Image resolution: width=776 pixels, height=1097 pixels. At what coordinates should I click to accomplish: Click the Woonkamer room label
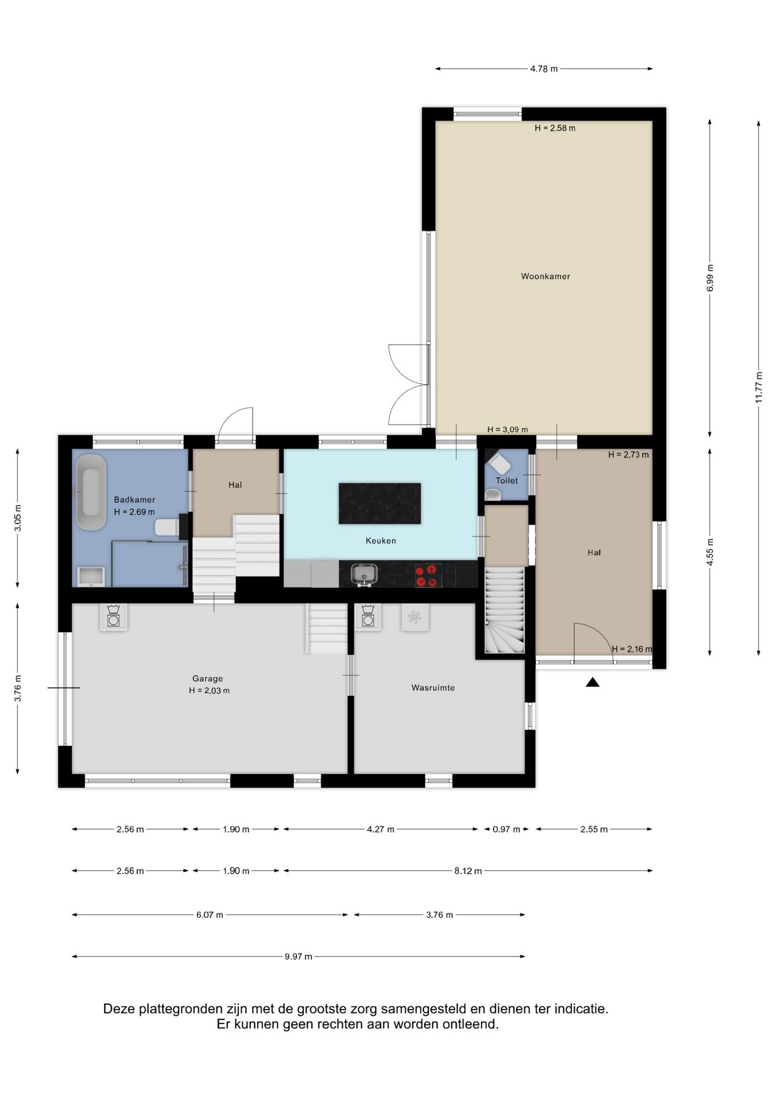545,277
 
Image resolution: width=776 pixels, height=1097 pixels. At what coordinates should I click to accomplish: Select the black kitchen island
380,503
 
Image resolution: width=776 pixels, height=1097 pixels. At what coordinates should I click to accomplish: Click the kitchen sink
363,574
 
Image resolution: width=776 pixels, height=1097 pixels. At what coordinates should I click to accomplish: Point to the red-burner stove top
428,575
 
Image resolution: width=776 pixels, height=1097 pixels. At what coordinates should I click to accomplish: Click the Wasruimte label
433,688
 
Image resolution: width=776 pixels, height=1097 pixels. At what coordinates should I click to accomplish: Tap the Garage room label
207,679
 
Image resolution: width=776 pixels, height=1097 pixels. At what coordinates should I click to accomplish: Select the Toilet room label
507,481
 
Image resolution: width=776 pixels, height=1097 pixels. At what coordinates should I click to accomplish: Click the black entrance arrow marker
593,682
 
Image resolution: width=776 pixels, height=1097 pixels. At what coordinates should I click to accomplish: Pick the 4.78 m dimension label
543,69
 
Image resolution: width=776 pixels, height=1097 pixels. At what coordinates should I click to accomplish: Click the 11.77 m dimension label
758,387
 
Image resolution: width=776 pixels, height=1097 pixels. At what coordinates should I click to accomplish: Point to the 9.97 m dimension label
298,956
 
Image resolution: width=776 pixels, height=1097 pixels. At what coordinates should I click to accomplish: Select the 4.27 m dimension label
381,829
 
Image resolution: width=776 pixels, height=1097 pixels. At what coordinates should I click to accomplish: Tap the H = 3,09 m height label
507,430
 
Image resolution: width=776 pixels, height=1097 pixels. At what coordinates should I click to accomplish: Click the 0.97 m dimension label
506,829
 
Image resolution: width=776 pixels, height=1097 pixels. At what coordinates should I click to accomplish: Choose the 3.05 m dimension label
18,518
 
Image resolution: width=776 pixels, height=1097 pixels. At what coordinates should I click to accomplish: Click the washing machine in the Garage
113,617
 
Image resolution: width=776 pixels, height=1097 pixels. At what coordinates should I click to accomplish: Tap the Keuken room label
381,541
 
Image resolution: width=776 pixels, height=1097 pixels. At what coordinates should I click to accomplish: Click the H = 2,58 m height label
555,128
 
